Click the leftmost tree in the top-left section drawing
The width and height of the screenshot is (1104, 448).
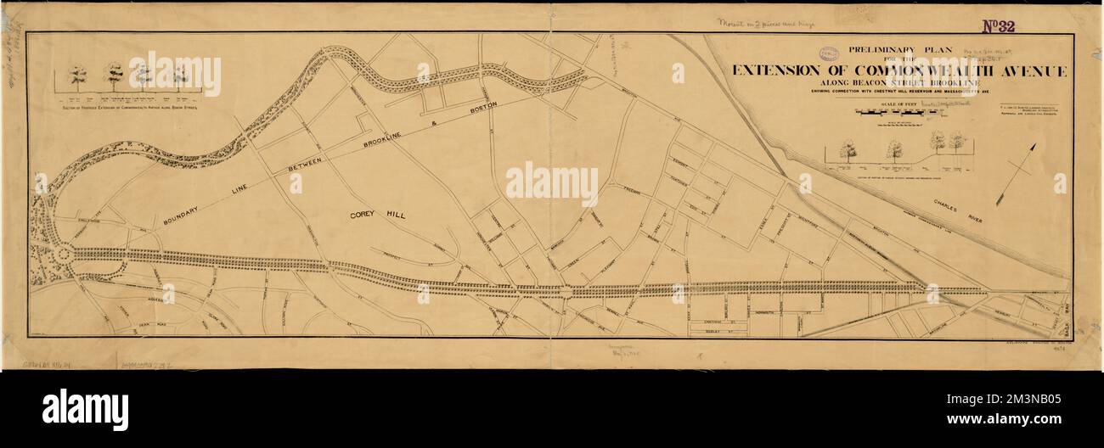point(77,76)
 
